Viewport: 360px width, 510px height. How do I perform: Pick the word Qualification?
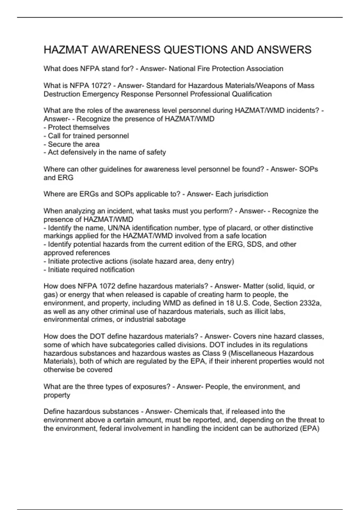click(x=252, y=94)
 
